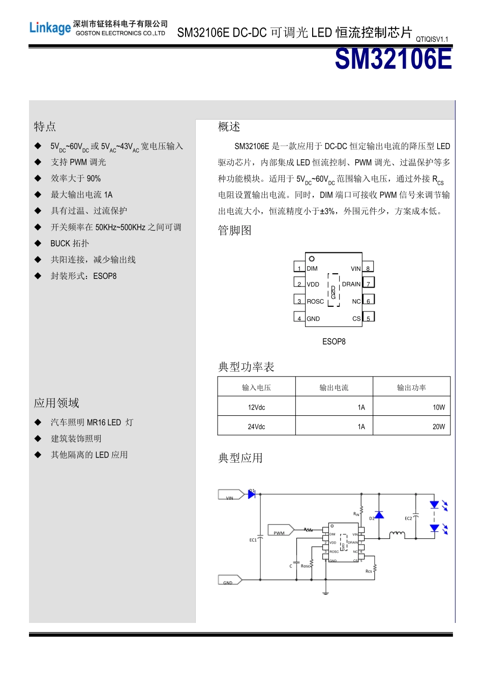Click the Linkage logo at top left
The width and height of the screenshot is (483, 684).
click(50, 28)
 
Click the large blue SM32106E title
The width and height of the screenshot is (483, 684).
click(393, 60)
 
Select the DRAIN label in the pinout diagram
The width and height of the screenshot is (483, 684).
click(351, 284)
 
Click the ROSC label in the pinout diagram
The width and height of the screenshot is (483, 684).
click(315, 301)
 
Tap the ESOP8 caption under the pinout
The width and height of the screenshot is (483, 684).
click(334, 341)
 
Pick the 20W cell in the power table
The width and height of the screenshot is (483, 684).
click(438, 426)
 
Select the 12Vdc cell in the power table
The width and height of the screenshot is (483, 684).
click(256, 407)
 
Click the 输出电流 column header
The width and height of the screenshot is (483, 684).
click(334, 388)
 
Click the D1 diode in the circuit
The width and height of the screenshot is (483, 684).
click(251, 494)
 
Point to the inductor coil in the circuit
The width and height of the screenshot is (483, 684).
click(397, 534)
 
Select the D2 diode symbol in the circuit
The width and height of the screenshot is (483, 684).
click(379, 516)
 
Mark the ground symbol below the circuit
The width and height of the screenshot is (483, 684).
click(325, 592)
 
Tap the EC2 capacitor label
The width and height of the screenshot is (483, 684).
click(408, 519)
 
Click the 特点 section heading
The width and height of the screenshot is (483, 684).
click(45, 126)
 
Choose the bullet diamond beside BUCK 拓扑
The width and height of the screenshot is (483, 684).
click(38, 243)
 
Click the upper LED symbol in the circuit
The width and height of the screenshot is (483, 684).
click(435, 504)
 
